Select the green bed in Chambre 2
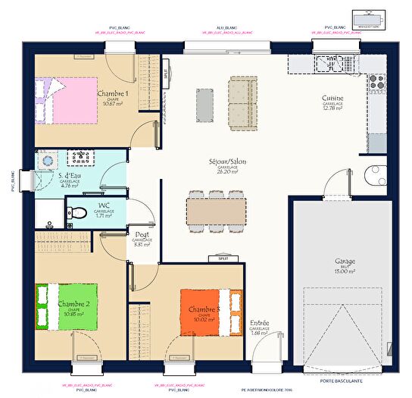tap(68, 306)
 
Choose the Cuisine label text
tap(332, 99)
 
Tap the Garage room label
tap(345, 262)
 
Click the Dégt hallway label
tap(142, 234)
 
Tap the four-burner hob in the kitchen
tap(378, 80)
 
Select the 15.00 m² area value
tap(345, 272)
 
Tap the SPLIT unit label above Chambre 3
tap(223, 259)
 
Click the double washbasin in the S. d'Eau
tap(79, 158)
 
